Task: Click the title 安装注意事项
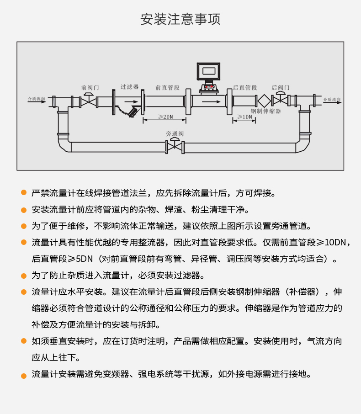[180, 20]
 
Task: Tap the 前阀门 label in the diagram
[90, 87]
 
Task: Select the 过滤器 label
[129, 87]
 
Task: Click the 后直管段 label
[245, 87]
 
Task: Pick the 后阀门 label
[281, 87]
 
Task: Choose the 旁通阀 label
[175, 134]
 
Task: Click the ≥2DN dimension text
[165, 117]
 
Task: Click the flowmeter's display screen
[208, 71]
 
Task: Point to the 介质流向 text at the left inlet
[36, 98]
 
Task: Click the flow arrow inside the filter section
[131, 101]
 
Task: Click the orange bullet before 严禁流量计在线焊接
[24, 193]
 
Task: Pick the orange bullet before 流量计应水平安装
[24, 292]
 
